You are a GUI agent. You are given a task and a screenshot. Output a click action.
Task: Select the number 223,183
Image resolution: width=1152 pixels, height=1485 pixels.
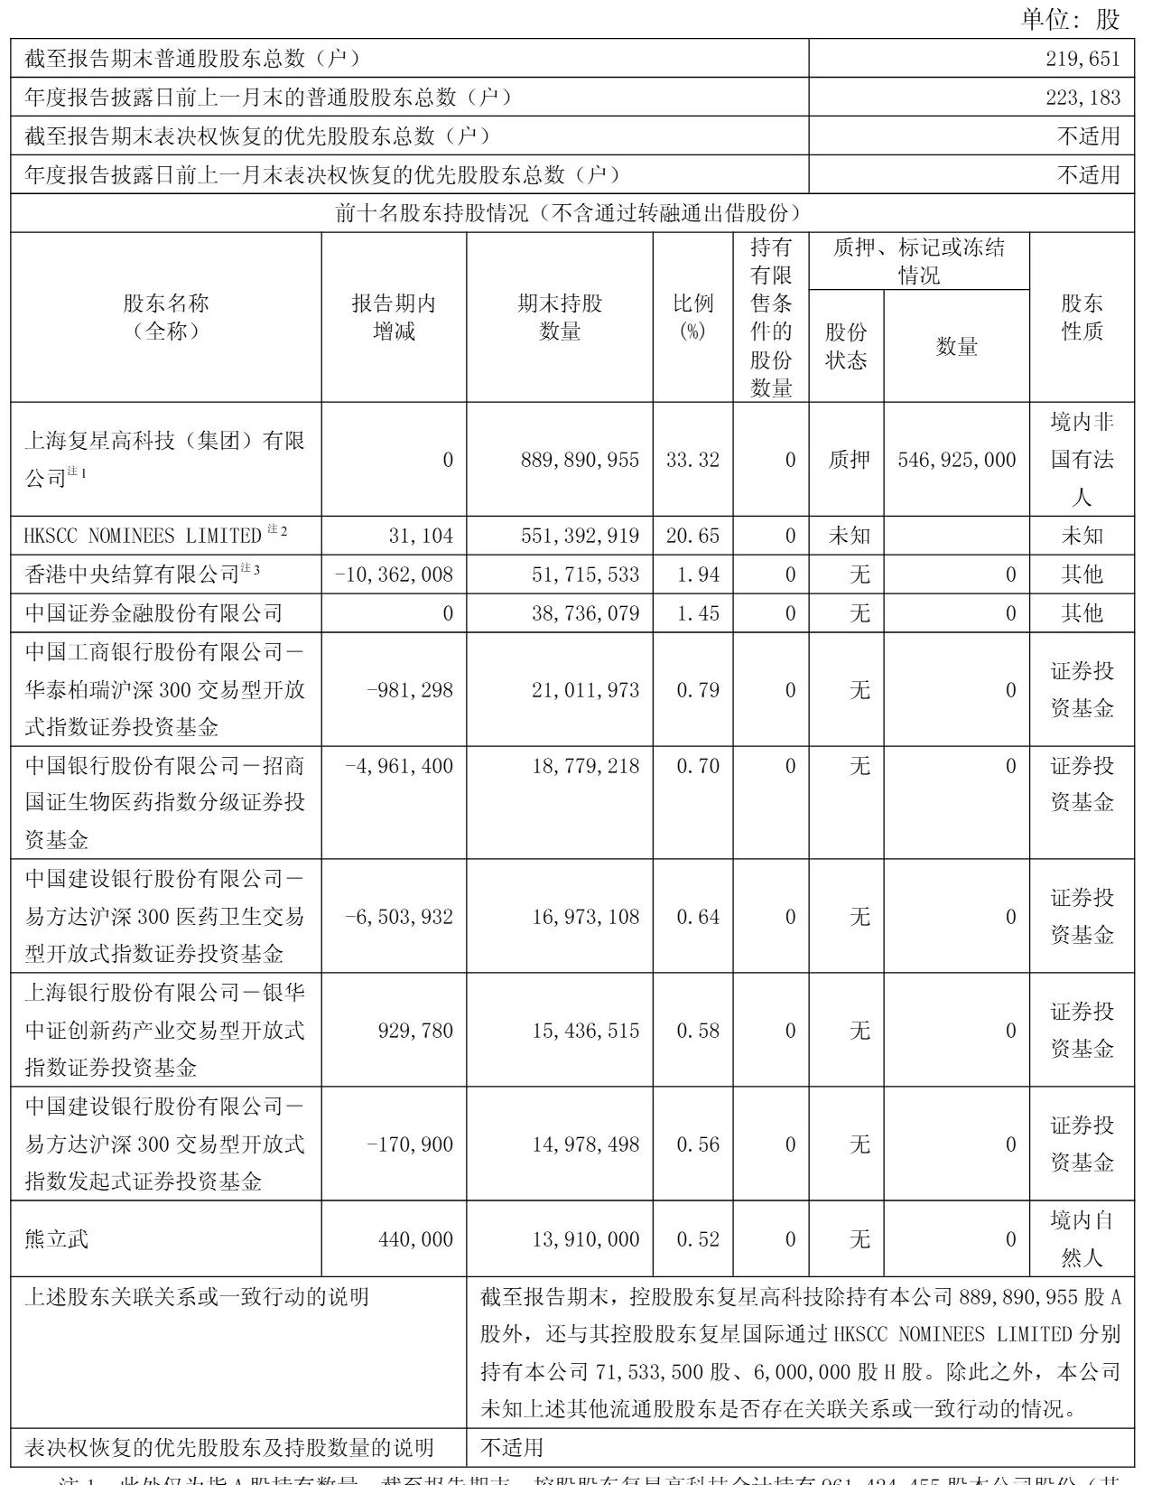1082,98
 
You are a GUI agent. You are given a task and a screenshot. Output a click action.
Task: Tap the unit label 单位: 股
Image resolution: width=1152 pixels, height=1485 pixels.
1071,19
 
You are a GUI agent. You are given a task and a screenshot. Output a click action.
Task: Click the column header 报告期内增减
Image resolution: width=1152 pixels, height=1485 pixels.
394,317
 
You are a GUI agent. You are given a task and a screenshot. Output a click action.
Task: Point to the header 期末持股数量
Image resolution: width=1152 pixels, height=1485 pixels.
560,317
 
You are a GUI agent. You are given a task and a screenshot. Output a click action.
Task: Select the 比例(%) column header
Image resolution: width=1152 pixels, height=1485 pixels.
692,317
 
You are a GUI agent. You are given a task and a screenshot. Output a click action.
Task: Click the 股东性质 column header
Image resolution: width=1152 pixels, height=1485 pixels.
1082,317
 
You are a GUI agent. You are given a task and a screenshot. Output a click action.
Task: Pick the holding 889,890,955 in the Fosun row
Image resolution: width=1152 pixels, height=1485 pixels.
580,460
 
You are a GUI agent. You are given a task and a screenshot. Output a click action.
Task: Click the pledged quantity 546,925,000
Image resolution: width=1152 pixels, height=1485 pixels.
957,460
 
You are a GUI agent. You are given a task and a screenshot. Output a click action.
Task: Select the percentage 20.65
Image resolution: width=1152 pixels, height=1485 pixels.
692,536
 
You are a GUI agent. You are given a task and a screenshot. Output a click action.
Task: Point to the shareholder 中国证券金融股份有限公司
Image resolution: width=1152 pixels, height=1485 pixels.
154,613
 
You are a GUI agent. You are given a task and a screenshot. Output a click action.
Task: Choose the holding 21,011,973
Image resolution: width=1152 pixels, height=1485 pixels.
585,690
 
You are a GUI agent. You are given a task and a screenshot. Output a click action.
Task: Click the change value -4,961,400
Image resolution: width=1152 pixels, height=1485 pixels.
399,766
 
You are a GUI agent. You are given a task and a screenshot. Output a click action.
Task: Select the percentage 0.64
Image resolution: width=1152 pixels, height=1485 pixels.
698,917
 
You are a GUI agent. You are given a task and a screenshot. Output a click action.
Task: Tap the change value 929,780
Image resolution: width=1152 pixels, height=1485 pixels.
415,1031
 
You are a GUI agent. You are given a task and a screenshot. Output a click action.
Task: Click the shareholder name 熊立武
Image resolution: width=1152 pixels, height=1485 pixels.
57,1238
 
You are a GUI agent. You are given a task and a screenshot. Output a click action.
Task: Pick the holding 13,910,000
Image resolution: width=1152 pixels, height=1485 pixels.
585,1239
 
